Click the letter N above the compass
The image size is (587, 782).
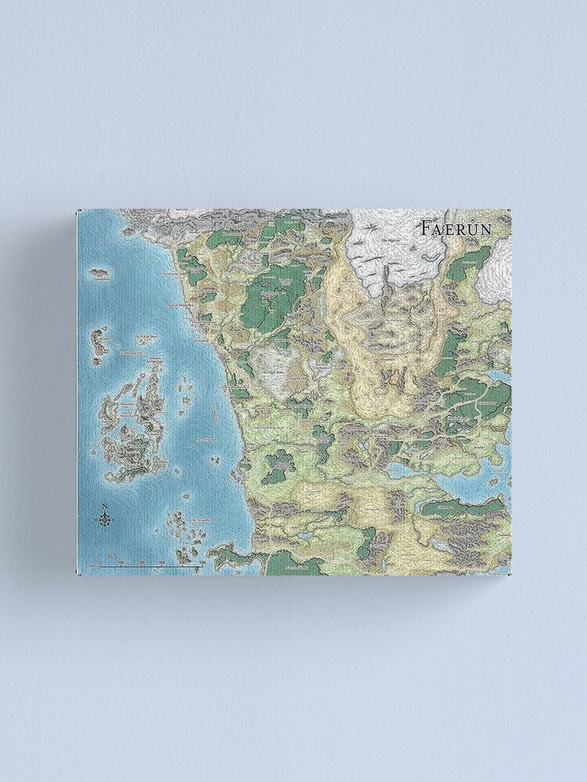(x=104, y=505)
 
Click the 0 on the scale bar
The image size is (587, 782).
(x=101, y=563)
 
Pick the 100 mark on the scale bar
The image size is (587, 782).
(x=121, y=563)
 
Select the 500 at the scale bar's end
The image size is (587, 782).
(x=202, y=563)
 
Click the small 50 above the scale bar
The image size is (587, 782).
(x=111, y=557)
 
